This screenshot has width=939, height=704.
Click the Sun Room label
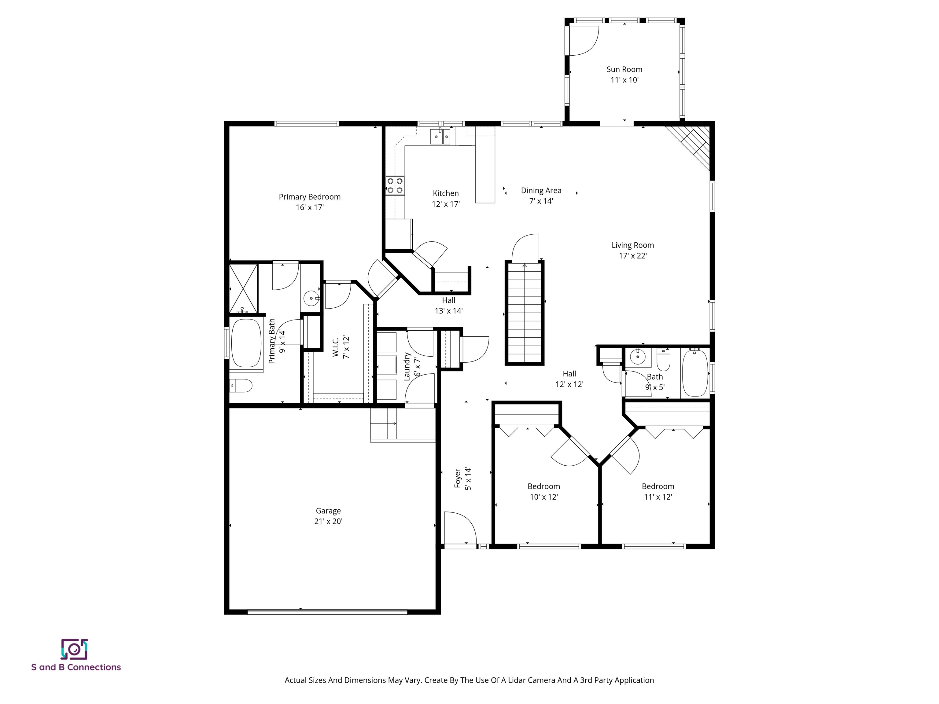[x=624, y=69]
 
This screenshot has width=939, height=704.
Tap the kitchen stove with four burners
[x=395, y=186]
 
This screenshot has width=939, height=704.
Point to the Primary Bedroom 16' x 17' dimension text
[x=309, y=207]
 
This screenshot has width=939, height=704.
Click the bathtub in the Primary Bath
[x=246, y=343]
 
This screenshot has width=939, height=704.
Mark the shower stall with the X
[x=243, y=288]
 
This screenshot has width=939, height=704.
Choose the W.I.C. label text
[x=335, y=347]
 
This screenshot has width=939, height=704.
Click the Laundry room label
[x=407, y=366]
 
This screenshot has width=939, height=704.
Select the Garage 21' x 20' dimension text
[x=328, y=522]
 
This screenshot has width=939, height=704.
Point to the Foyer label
[x=458, y=478]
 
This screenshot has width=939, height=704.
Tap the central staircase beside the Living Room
[x=524, y=313]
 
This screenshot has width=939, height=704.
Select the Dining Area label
[x=541, y=191]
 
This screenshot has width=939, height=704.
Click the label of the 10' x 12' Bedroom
[x=543, y=486]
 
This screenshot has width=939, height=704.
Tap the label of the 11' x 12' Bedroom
[x=657, y=486]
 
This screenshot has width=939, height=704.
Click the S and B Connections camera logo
[x=74, y=649]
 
